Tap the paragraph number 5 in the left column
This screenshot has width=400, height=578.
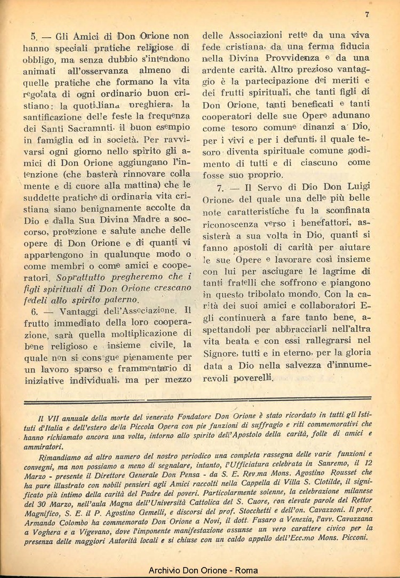33,37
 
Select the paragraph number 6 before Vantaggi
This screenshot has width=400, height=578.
33,311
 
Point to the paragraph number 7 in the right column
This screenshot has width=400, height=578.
219,188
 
